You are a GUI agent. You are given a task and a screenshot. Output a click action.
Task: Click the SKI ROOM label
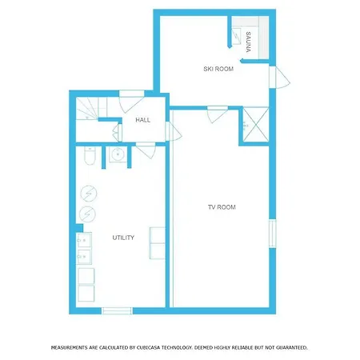point(218,69)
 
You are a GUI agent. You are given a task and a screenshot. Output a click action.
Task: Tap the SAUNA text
point(248,42)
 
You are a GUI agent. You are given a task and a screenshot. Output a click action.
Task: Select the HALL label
point(143,120)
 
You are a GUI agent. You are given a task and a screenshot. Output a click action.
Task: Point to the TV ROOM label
point(222,207)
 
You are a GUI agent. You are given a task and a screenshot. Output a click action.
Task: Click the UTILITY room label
point(123,238)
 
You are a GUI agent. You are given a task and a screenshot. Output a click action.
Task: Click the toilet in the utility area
point(90,155)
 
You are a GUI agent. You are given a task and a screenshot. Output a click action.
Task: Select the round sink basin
point(118,154)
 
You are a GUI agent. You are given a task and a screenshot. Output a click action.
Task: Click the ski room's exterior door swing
point(279,78)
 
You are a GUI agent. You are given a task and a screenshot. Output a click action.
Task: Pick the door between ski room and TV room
point(217,114)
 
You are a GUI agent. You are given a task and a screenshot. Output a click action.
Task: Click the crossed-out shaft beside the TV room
point(256,124)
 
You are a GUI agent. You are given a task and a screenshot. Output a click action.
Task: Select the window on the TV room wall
point(272,234)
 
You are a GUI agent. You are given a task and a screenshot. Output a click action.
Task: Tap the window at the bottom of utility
point(117,311)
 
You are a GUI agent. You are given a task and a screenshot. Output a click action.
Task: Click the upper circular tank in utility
point(89,194)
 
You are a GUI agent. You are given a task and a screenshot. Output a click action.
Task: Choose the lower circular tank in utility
point(87,214)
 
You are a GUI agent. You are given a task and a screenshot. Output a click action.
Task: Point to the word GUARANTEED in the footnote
point(291,348)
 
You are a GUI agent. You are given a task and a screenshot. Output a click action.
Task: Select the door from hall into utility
point(146,150)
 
